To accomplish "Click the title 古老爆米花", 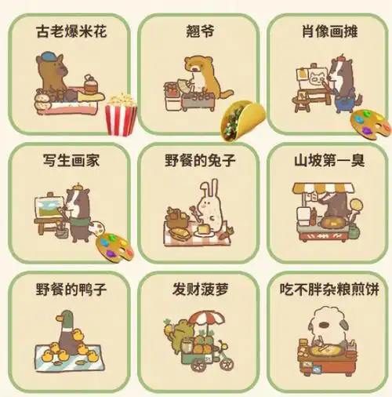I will click(x=71, y=34).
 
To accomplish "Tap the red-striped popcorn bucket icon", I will click(x=120, y=114).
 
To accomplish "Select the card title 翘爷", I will click(x=198, y=34).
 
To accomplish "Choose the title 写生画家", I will click(x=71, y=160).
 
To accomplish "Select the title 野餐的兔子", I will click(x=198, y=160).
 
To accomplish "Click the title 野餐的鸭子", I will click(x=71, y=288).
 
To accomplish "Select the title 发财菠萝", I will click(x=198, y=288).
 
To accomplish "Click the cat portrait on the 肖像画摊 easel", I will click(x=318, y=78).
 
